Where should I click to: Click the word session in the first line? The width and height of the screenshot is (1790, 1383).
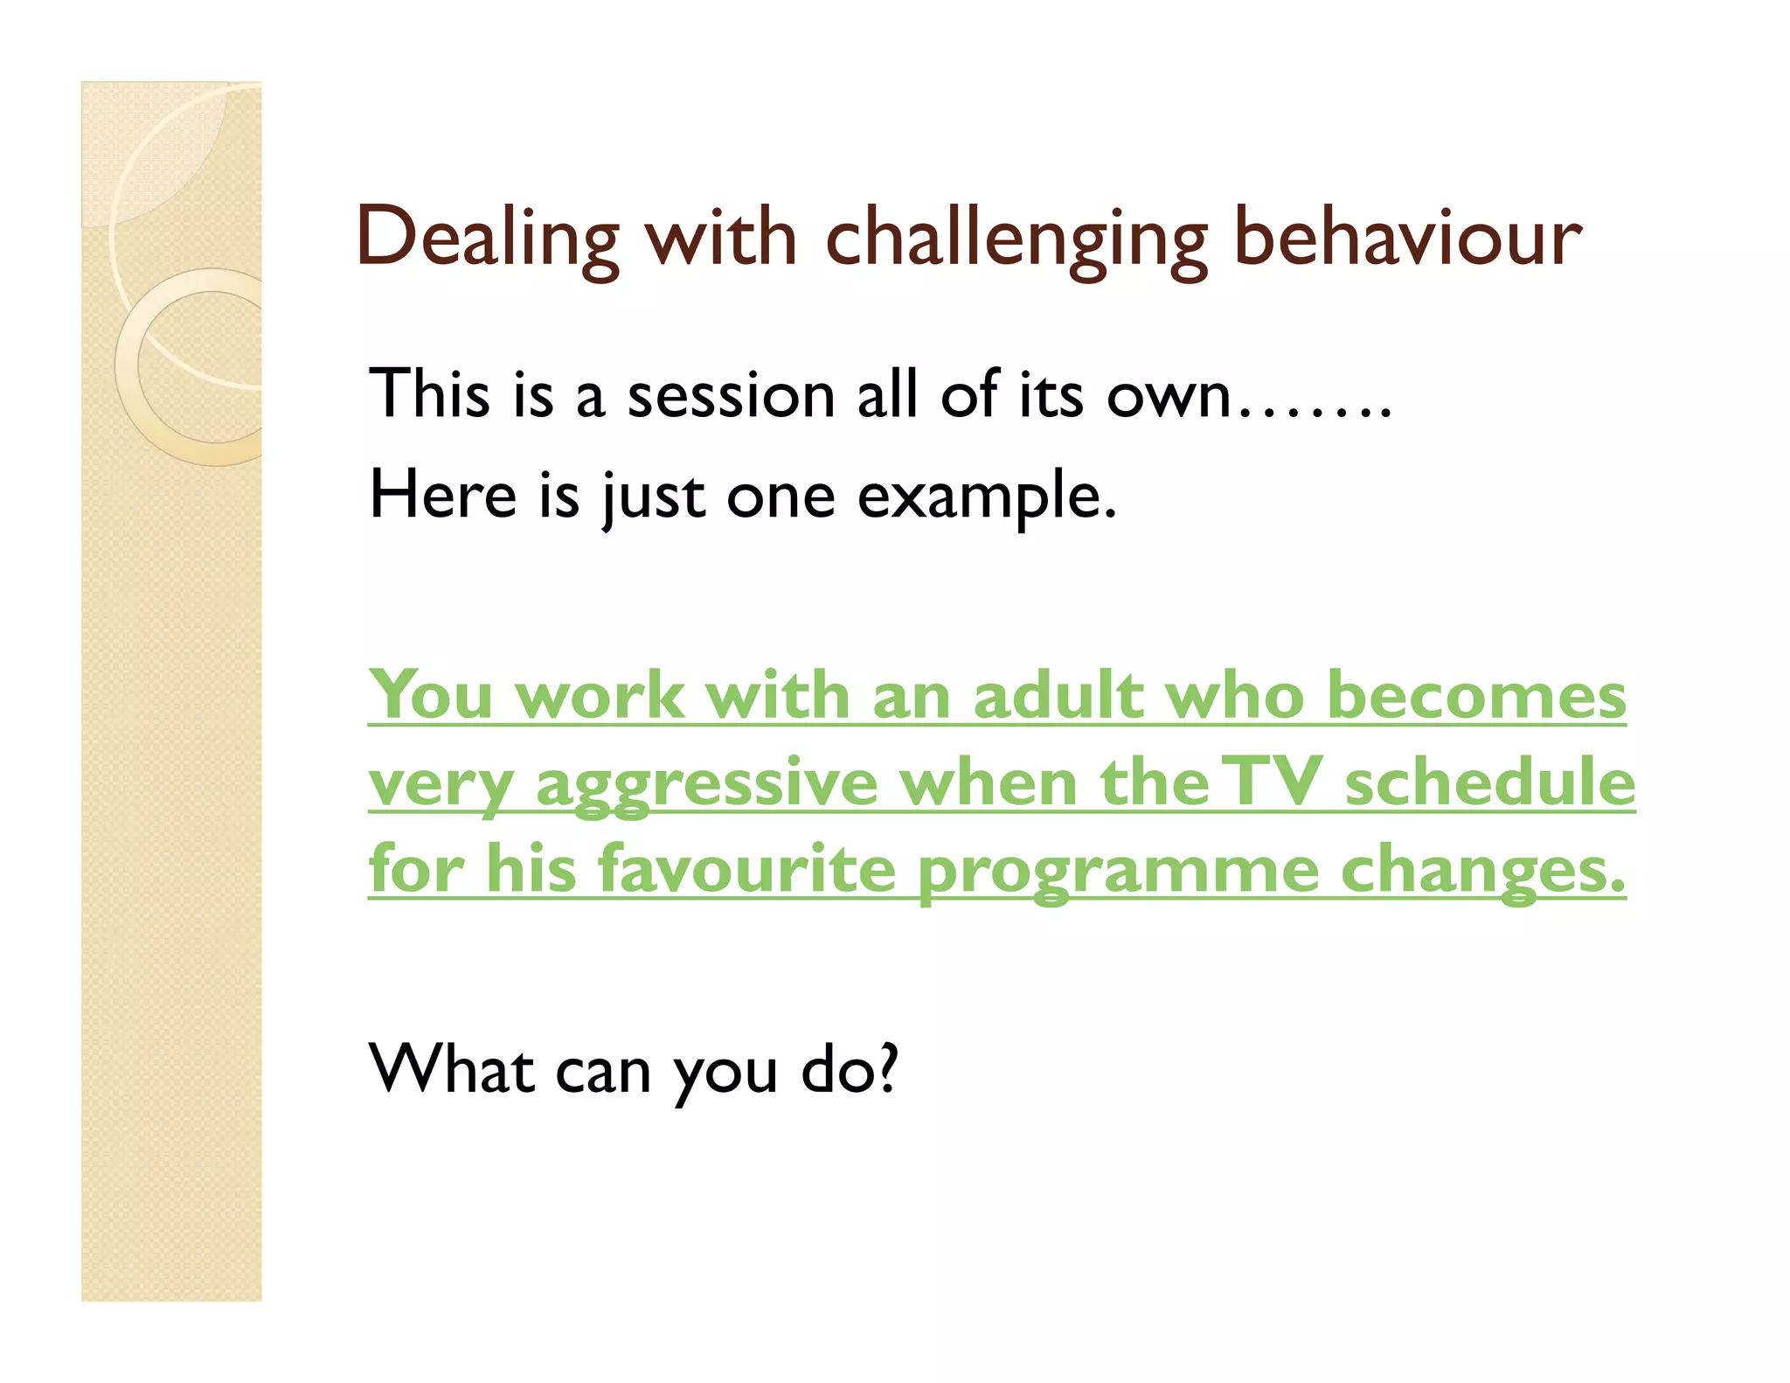click(731, 395)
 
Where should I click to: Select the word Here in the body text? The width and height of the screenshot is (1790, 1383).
click(443, 495)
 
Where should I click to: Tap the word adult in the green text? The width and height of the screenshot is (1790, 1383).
click(1058, 696)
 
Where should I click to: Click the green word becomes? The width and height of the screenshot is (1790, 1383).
click(1476, 696)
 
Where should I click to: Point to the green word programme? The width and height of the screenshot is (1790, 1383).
click(1118, 872)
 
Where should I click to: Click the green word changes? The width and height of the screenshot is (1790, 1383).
click(1482, 871)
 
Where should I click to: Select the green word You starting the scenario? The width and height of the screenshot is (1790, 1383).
click(431, 696)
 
